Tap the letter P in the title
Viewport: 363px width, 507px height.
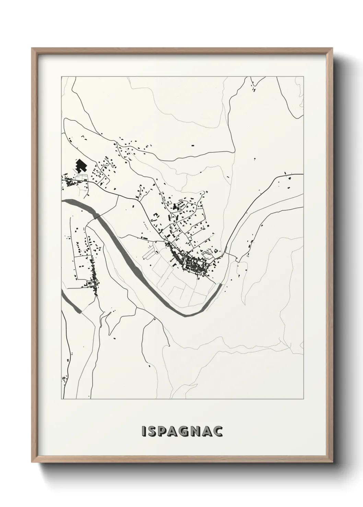tap(162, 432)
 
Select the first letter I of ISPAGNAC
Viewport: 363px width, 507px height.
tap(143, 432)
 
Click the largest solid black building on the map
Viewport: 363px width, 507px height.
tap(81, 165)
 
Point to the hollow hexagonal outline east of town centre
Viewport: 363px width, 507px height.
tap(208, 253)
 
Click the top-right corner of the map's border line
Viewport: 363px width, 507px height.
tap(303, 77)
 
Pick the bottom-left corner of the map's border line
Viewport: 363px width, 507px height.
tap(61, 399)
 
